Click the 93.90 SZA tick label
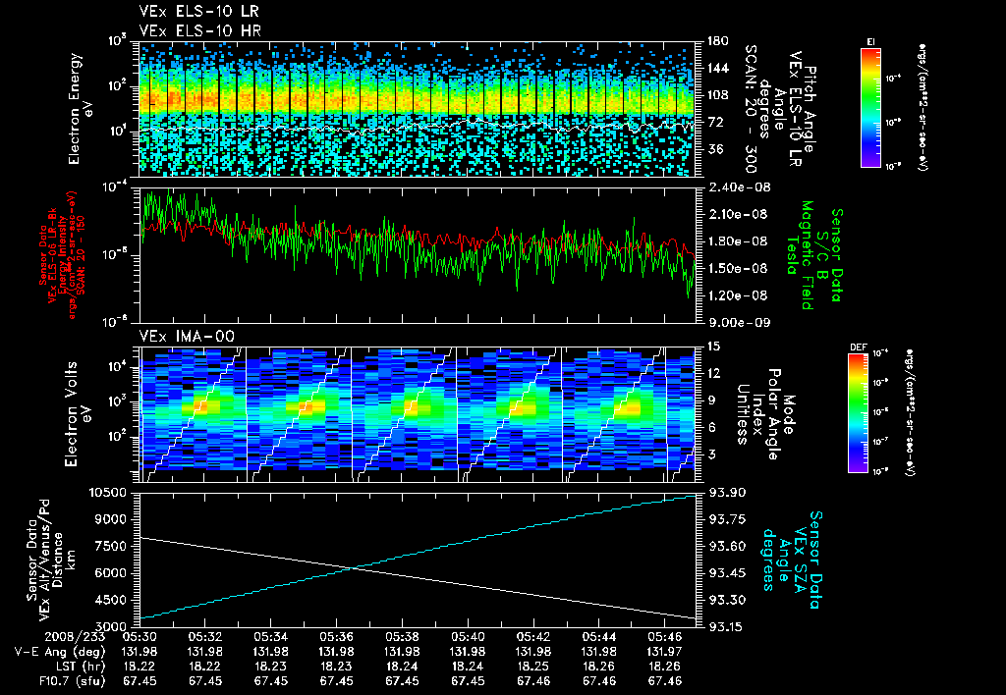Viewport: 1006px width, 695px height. point(725,492)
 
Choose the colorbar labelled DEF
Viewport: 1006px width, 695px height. point(857,412)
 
